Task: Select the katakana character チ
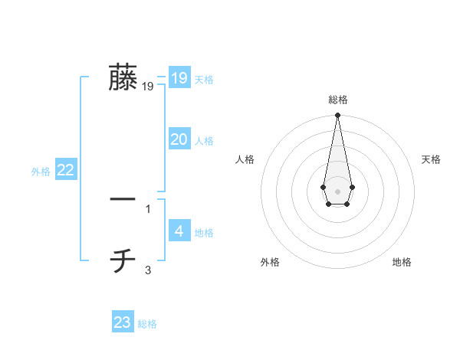pyautogui.click(x=123, y=261)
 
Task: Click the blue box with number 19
pyautogui.click(x=179, y=77)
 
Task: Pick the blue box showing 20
pyautogui.click(x=179, y=139)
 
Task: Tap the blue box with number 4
pyautogui.click(x=179, y=231)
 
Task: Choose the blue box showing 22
pyautogui.click(x=65, y=170)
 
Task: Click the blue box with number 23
pyautogui.click(x=123, y=322)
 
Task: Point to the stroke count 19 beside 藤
pyautogui.click(x=148, y=87)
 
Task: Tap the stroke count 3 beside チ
pyautogui.click(x=148, y=270)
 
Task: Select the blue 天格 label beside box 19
pyautogui.click(x=204, y=80)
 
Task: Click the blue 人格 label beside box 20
pyautogui.click(x=204, y=142)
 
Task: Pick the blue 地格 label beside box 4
pyautogui.click(x=204, y=233)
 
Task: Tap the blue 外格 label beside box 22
pyautogui.click(x=41, y=172)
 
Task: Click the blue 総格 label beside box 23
pyautogui.click(x=147, y=325)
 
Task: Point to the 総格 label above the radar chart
pyautogui.click(x=337, y=100)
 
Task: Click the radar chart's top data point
pyautogui.click(x=337, y=116)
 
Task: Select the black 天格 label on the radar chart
pyautogui.click(x=432, y=159)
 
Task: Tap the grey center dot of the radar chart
pyautogui.click(x=337, y=191)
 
